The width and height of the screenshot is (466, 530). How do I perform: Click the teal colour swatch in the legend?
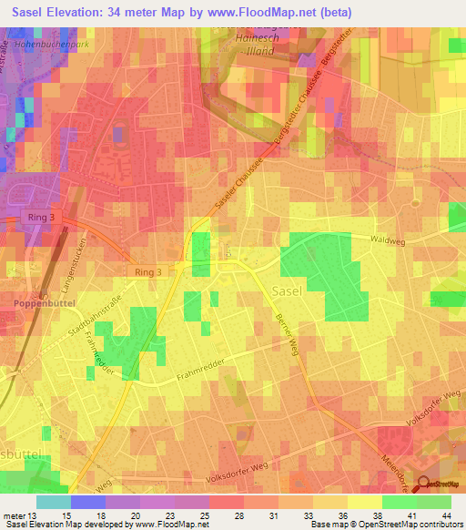coord(53,502)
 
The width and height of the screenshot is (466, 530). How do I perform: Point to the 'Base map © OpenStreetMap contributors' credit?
coord(385,525)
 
